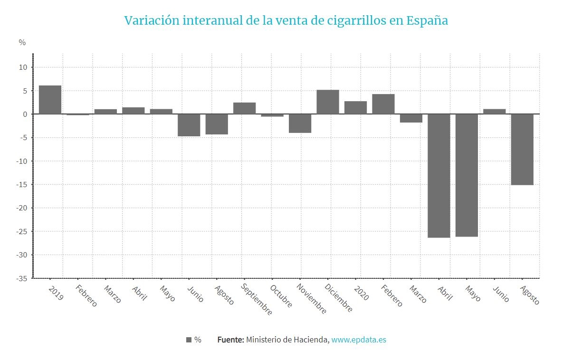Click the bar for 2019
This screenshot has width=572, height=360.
tap(50, 100)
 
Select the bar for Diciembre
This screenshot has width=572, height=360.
tap(328, 102)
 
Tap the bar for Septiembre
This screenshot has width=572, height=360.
tap(244, 108)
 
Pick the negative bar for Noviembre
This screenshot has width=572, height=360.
tap(300, 123)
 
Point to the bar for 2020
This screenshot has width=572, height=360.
tap(355, 108)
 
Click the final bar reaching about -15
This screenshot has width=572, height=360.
tap(522, 150)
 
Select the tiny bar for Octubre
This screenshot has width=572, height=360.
tap(272, 115)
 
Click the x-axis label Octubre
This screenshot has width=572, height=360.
tap(281, 296)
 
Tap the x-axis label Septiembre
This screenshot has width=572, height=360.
tap(257, 300)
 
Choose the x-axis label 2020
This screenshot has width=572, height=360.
tap(362, 293)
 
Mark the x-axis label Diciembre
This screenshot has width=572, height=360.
tap(339, 298)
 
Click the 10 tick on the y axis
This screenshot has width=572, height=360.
tap(23, 67)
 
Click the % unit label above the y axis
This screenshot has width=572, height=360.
tap(22, 42)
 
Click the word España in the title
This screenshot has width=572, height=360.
tap(427, 21)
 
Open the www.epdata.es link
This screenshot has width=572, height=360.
tap(359, 340)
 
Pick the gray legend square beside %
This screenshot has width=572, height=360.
tap(189, 340)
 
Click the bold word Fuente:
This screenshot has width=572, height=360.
tap(230, 340)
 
